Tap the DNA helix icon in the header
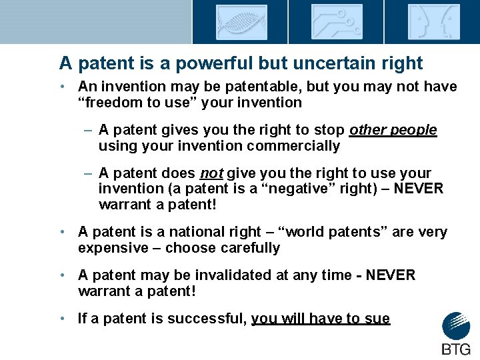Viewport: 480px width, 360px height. (241, 22)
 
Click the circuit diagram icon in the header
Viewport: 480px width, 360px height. (337, 22)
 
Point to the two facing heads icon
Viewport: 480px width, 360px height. (433, 22)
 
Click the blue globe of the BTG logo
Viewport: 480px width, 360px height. (456, 326)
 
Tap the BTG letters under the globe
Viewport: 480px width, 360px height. (456, 349)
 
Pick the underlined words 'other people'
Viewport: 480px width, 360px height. (393, 130)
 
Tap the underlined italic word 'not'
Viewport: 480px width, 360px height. (211, 173)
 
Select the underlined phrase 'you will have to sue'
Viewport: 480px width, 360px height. (320, 319)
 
